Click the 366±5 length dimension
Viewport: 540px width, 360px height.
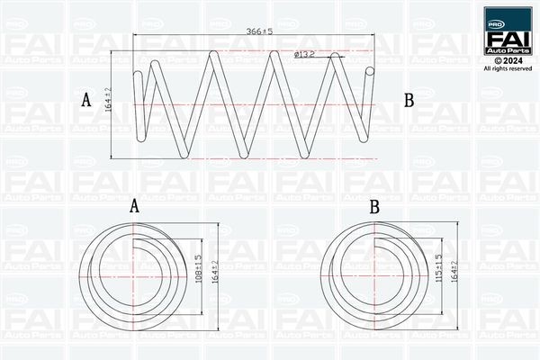tap(259, 31)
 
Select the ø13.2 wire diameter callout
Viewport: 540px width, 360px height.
tap(304, 55)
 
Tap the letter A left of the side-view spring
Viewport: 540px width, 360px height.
tap(87, 101)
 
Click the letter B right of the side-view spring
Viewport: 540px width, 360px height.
tap(408, 101)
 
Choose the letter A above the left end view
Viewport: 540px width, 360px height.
tap(134, 206)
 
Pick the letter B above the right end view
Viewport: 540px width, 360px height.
tap(374, 206)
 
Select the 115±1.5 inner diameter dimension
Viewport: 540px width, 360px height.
tap(438, 269)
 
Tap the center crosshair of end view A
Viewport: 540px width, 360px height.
tap(133, 269)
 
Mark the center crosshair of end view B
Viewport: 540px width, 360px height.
tap(374, 269)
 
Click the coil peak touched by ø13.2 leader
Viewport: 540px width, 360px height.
tap(336, 57)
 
